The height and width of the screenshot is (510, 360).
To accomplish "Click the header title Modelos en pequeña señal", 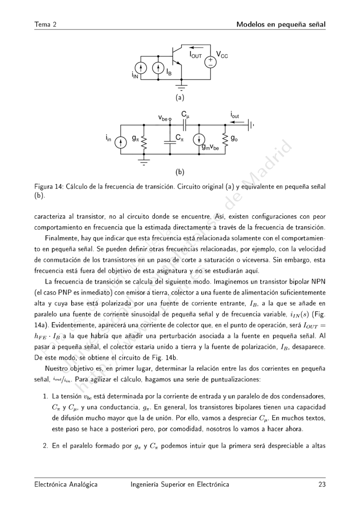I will [281, 24].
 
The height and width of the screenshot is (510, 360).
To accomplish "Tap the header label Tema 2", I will [45, 24].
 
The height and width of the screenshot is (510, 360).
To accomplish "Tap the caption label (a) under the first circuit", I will [180, 97].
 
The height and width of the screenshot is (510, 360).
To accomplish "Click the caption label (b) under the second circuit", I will [180, 172].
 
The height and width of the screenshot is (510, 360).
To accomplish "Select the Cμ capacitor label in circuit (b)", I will [185, 114].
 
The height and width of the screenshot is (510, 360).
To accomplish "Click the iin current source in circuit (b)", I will [120, 142].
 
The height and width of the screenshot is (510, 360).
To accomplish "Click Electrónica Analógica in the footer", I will [66, 485].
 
